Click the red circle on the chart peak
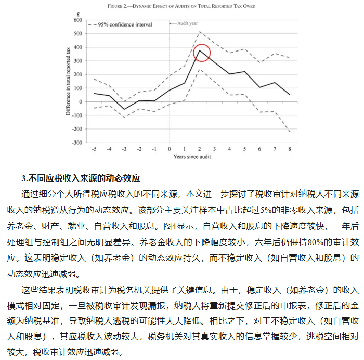201,53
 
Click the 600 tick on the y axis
78,20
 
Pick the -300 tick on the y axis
77,143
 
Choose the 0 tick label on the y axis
80,102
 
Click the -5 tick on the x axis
94,149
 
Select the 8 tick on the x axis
289,149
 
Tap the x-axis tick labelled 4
229,149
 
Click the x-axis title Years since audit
191,157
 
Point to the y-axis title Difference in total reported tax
68,81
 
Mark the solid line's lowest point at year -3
124,109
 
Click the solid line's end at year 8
289,95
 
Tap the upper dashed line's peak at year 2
200,32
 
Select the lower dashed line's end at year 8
289,132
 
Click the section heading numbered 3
81,178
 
